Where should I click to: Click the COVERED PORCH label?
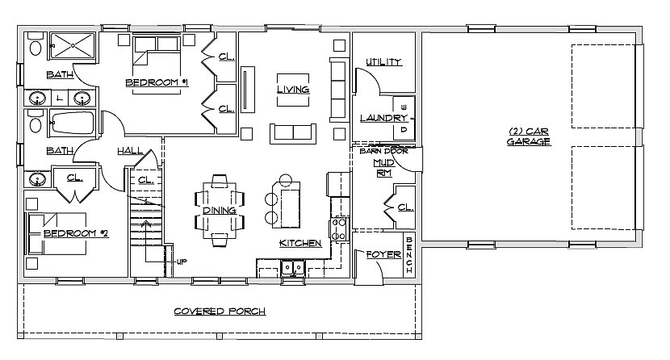(220, 312)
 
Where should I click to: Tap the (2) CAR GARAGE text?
(529, 136)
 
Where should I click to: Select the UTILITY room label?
(383, 62)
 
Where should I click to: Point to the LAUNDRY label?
(383, 118)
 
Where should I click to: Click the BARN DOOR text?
(383, 151)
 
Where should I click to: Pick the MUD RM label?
(384, 168)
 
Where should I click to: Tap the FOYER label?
(383, 254)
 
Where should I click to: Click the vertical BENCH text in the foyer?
(409, 255)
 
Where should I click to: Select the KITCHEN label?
(300, 243)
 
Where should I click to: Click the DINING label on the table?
(220, 210)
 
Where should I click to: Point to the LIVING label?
(293, 90)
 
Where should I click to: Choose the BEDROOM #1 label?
(157, 82)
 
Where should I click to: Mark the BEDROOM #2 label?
(76, 233)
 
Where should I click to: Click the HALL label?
(130, 151)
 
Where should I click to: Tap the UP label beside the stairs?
(182, 262)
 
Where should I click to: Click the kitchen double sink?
(293, 268)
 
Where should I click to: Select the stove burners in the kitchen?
(339, 229)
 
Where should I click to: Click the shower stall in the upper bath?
(73, 45)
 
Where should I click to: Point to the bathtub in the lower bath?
(72, 123)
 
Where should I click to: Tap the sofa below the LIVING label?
(293, 134)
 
